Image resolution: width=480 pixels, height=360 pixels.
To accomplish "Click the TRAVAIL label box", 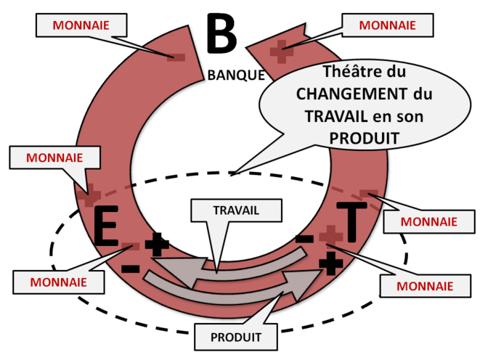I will tap(236, 210).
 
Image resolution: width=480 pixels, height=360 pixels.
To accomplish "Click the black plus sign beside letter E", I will tap(157, 245).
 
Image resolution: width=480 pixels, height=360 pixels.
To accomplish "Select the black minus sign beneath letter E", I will tap(131, 269).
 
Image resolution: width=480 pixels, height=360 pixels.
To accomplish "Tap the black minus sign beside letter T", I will tap(305, 238).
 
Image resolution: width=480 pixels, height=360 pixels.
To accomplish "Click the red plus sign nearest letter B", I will tap(280, 50).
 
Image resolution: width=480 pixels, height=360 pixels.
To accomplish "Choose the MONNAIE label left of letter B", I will tap(82, 24).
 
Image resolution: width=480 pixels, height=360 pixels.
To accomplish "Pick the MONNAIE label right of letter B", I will tap(388, 25).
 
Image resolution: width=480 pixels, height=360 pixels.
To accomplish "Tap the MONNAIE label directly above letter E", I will tap(54, 156).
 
